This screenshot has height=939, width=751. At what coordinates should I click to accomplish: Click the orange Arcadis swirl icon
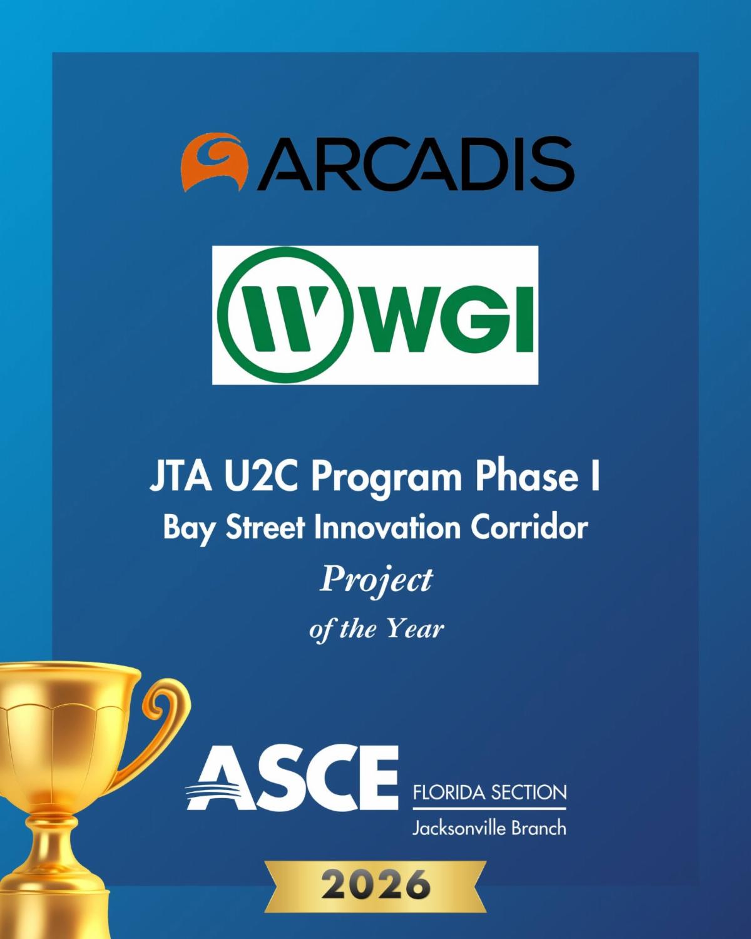point(214,162)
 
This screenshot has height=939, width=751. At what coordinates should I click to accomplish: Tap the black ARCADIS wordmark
point(415,163)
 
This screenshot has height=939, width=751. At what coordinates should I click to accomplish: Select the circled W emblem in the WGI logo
point(284,315)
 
